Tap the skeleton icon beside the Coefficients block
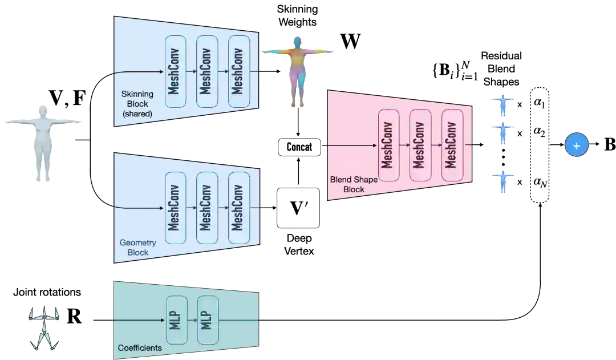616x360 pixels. click(x=43, y=330)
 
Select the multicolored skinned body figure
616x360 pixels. click(x=298, y=70)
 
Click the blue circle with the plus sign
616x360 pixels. click(x=576, y=145)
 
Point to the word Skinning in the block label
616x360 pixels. click(x=135, y=94)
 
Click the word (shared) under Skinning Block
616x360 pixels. click(x=137, y=114)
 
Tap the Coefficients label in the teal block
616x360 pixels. click(x=140, y=347)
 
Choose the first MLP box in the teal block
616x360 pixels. click(x=176, y=320)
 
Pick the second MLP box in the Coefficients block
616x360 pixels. click(x=207, y=320)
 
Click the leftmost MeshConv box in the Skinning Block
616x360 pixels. click(x=175, y=71)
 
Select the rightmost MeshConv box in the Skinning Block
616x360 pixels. click(x=239, y=71)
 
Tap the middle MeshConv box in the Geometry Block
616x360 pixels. click(x=207, y=208)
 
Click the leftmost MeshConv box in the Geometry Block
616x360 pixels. click(x=175, y=208)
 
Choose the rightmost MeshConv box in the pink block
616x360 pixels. click(x=452, y=145)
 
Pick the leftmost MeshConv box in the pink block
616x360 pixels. click(x=388, y=145)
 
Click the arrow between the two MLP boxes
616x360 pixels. click(x=192, y=320)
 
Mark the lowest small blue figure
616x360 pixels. click(x=502, y=182)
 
